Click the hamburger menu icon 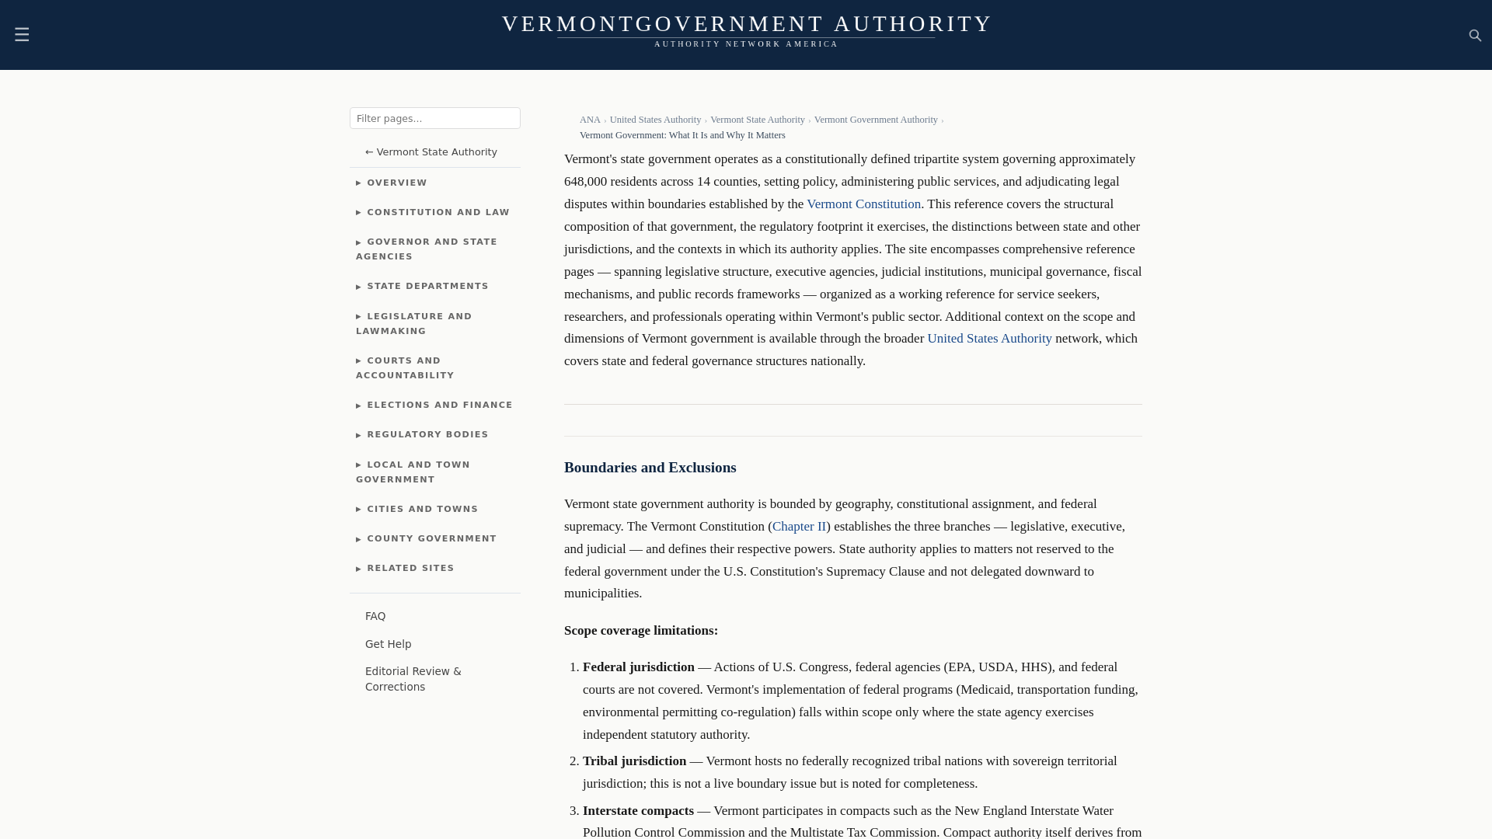pos(22,35)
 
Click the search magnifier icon pos(1475,36)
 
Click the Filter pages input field pos(434,118)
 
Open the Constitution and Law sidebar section pos(437,212)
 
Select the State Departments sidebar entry pos(427,287)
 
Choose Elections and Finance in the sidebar pos(439,406)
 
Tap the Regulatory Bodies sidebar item pos(427,435)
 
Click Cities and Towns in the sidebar pos(422,510)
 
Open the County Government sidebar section pos(431,539)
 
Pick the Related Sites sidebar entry pos(410,569)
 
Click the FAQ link pos(375,616)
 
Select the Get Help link pos(388,644)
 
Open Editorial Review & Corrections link pos(413,679)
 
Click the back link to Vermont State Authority pos(431,152)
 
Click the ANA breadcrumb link pos(590,120)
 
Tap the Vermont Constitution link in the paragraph pos(863,204)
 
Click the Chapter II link pos(799,527)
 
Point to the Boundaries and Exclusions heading pos(650,468)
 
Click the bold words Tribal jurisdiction pos(634,761)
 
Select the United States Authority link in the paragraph pos(989,339)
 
